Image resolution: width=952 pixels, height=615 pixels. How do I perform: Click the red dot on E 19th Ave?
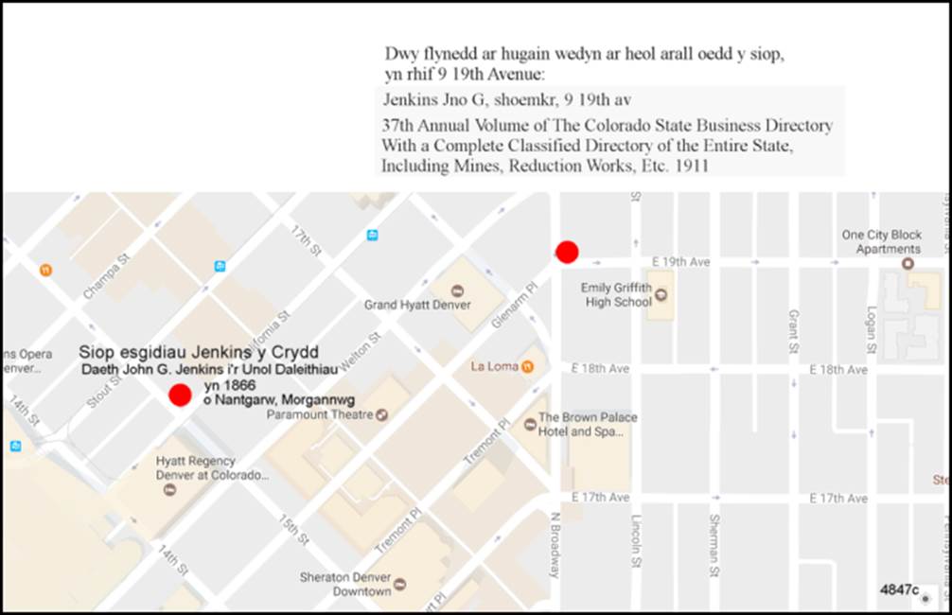click(567, 252)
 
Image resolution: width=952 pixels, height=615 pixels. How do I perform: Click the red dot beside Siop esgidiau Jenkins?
click(179, 395)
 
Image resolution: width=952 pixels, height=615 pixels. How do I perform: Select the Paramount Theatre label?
click(320, 414)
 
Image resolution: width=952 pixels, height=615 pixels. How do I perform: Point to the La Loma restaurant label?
click(495, 366)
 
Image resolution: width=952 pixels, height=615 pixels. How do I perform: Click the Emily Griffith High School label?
click(616, 294)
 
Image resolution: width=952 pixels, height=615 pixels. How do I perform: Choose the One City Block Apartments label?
click(881, 242)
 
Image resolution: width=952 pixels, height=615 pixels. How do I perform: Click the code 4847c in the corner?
click(897, 589)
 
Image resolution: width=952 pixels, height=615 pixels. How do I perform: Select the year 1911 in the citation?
click(691, 166)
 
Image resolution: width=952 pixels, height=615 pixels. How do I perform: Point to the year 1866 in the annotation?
click(230, 386)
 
